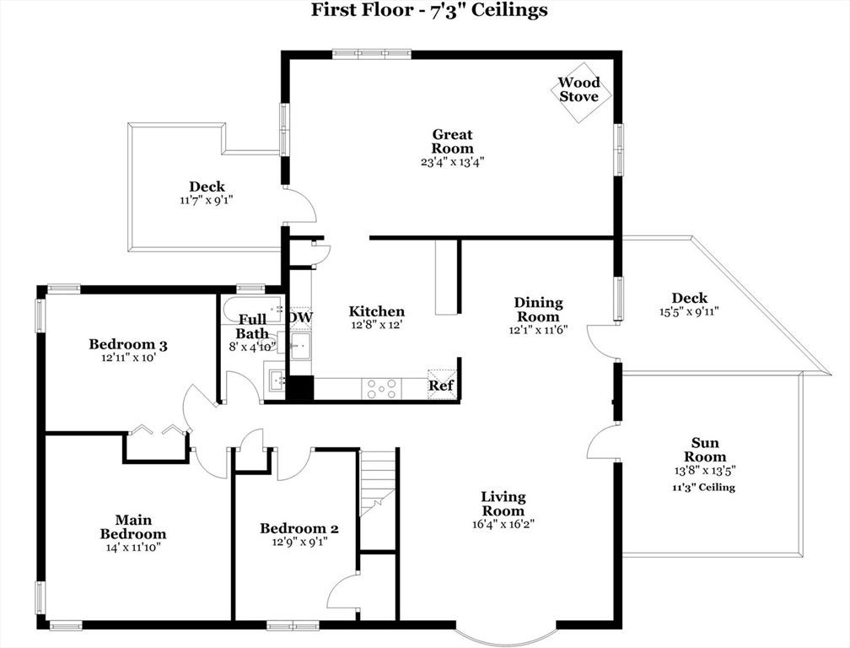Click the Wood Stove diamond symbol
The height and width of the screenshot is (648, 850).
580,89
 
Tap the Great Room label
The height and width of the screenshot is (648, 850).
453,141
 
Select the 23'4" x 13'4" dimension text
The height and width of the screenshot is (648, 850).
453,161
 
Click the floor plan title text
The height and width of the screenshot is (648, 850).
429,10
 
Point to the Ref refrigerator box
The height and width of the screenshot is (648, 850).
441,385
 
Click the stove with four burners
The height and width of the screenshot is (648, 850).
381,388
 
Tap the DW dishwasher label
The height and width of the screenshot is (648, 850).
301,317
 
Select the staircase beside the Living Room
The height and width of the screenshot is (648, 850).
377,482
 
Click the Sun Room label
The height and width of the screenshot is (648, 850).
705,450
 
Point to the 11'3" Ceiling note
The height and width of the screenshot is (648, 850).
703,488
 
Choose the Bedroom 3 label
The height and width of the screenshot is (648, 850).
128,343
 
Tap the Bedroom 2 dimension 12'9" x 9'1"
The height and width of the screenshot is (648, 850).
299,543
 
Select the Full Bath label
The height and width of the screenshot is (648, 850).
252,327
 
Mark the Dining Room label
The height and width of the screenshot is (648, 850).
538,310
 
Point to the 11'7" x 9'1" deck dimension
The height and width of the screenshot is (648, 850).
207,201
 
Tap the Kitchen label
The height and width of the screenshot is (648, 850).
377,311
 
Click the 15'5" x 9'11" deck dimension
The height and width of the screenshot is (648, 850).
689,311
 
